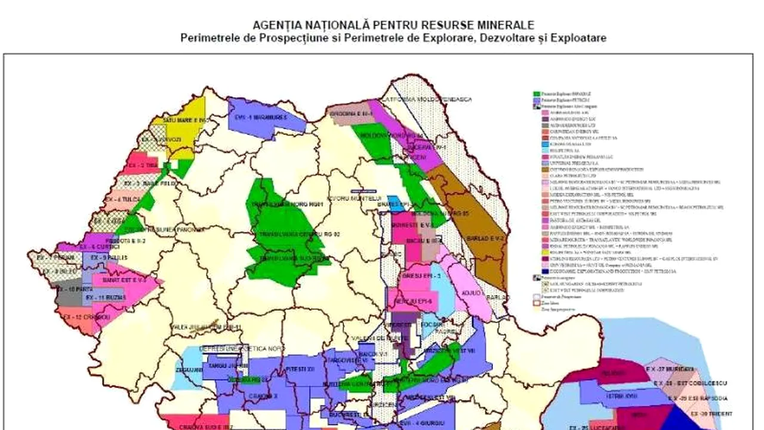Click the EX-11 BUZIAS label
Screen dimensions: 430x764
point(105,297)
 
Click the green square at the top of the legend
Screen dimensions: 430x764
point(537,94)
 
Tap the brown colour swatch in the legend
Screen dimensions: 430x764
point(537,170)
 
